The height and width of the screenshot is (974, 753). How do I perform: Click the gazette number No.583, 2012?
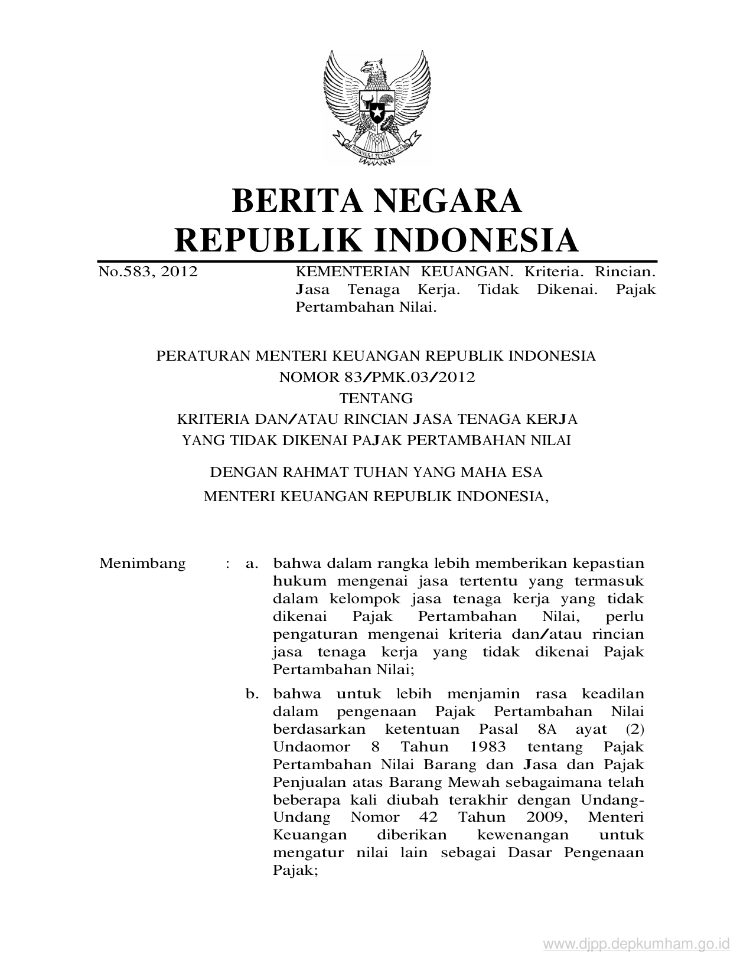pos(148,272)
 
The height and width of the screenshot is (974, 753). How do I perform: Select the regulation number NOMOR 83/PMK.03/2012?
pos(376,377)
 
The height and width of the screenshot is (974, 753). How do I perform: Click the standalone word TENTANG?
pos(376,398)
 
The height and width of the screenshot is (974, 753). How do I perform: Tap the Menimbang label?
pos(142,563)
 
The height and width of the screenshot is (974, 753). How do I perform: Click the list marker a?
pos(252,563)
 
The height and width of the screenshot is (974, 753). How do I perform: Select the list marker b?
pos(252,694)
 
